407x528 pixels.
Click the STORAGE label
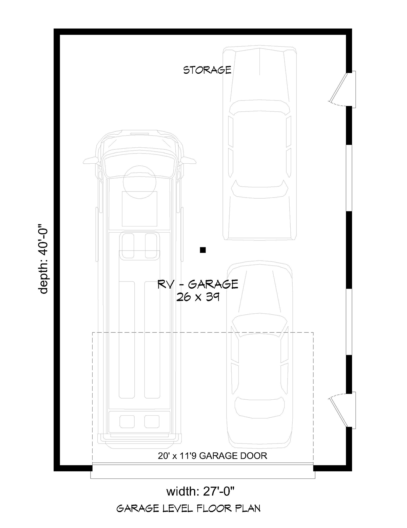[207, 70]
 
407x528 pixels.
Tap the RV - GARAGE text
[198, 284]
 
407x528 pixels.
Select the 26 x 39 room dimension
[198, 297]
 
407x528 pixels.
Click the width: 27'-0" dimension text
[200, 492]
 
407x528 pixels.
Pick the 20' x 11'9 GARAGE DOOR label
[212, 456]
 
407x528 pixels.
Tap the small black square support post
[203, 250]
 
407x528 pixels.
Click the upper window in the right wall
[349, 178]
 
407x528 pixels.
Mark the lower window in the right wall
[349, 322]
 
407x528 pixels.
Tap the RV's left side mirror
[91, 161]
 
